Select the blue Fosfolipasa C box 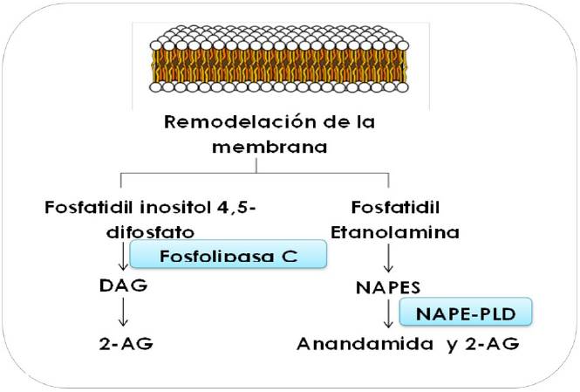pyautogui.click(x=229, y=255)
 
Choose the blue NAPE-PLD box pyautogui.click(x=465, y=311)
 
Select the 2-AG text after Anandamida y pyautogui.click(x=494, y=342)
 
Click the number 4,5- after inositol pyautogui.click(x=243, y=210)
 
